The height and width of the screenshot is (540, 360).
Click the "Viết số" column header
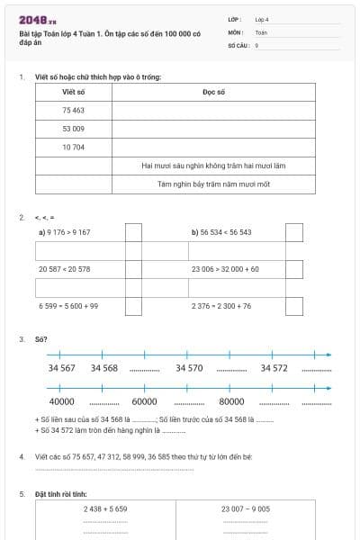74,92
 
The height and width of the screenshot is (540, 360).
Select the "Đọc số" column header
213,92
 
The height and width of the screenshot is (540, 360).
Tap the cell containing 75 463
74,110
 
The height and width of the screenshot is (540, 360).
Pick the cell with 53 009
74,129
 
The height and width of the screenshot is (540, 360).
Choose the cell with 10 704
74,147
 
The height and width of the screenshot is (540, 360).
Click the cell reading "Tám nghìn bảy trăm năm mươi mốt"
213,184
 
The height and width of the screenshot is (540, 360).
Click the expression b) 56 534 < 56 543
221,232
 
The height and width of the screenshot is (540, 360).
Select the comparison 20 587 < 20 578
64,269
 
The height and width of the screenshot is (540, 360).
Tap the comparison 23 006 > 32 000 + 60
225,269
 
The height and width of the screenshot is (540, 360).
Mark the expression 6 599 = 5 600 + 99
68,306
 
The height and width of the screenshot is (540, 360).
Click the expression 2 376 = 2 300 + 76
221,306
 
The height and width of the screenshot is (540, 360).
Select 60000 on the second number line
144,401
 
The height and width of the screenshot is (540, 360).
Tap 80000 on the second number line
232,401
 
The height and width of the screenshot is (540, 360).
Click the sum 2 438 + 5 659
105,508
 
